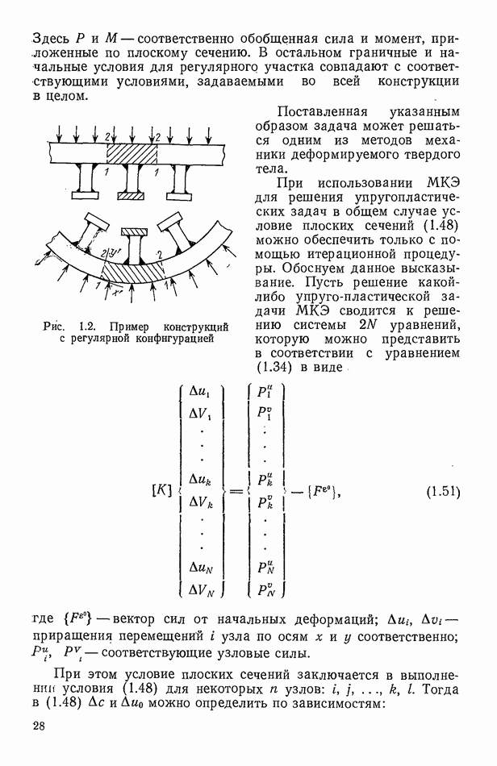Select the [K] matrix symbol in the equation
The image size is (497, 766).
pos(162,492)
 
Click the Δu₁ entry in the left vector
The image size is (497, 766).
pos(202,392)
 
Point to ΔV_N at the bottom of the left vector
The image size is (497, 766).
pos(203,591)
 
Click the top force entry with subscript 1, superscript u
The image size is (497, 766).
pos(265,392)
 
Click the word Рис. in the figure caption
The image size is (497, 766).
pos(54,327)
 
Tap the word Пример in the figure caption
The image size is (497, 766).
pos(135,327)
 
